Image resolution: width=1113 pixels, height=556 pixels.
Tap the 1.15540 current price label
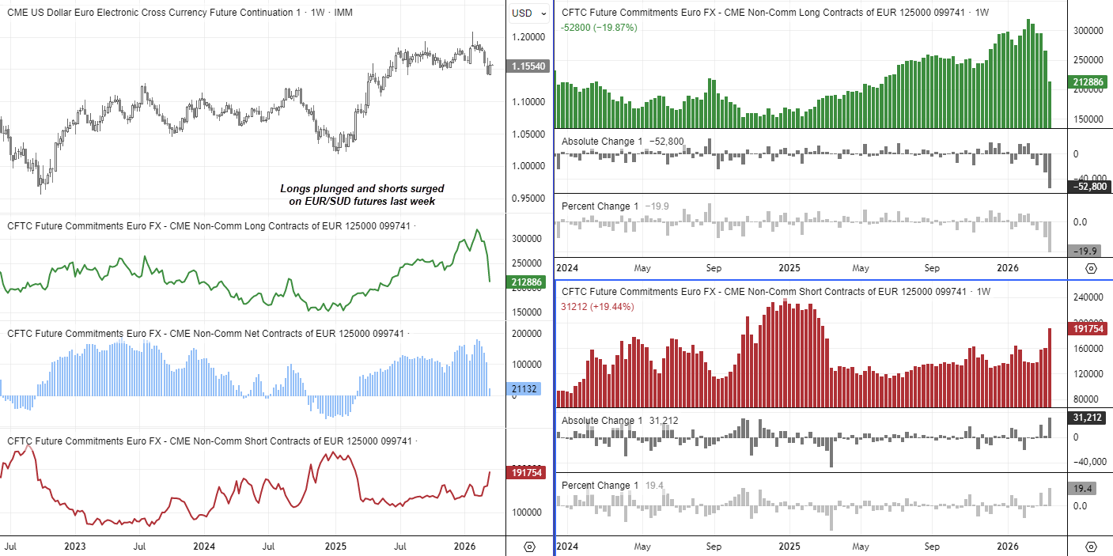coord(529,66)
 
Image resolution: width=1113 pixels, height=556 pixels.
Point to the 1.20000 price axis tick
coord(528,37)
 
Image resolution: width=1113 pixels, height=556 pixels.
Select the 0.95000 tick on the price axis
coord(528,198)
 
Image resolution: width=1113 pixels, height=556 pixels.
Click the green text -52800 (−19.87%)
coord(599,28)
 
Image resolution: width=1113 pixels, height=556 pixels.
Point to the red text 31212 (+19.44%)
coord(598,307)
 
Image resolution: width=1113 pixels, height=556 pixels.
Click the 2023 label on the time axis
coord(75,547)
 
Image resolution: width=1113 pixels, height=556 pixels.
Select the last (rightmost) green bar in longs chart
coord(1050,104)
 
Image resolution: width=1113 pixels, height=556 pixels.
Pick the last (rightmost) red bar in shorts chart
coord(1050,367)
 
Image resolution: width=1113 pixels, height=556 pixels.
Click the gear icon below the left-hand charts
coord(529,547)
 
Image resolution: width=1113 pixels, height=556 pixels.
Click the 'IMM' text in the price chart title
coord(344,13)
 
